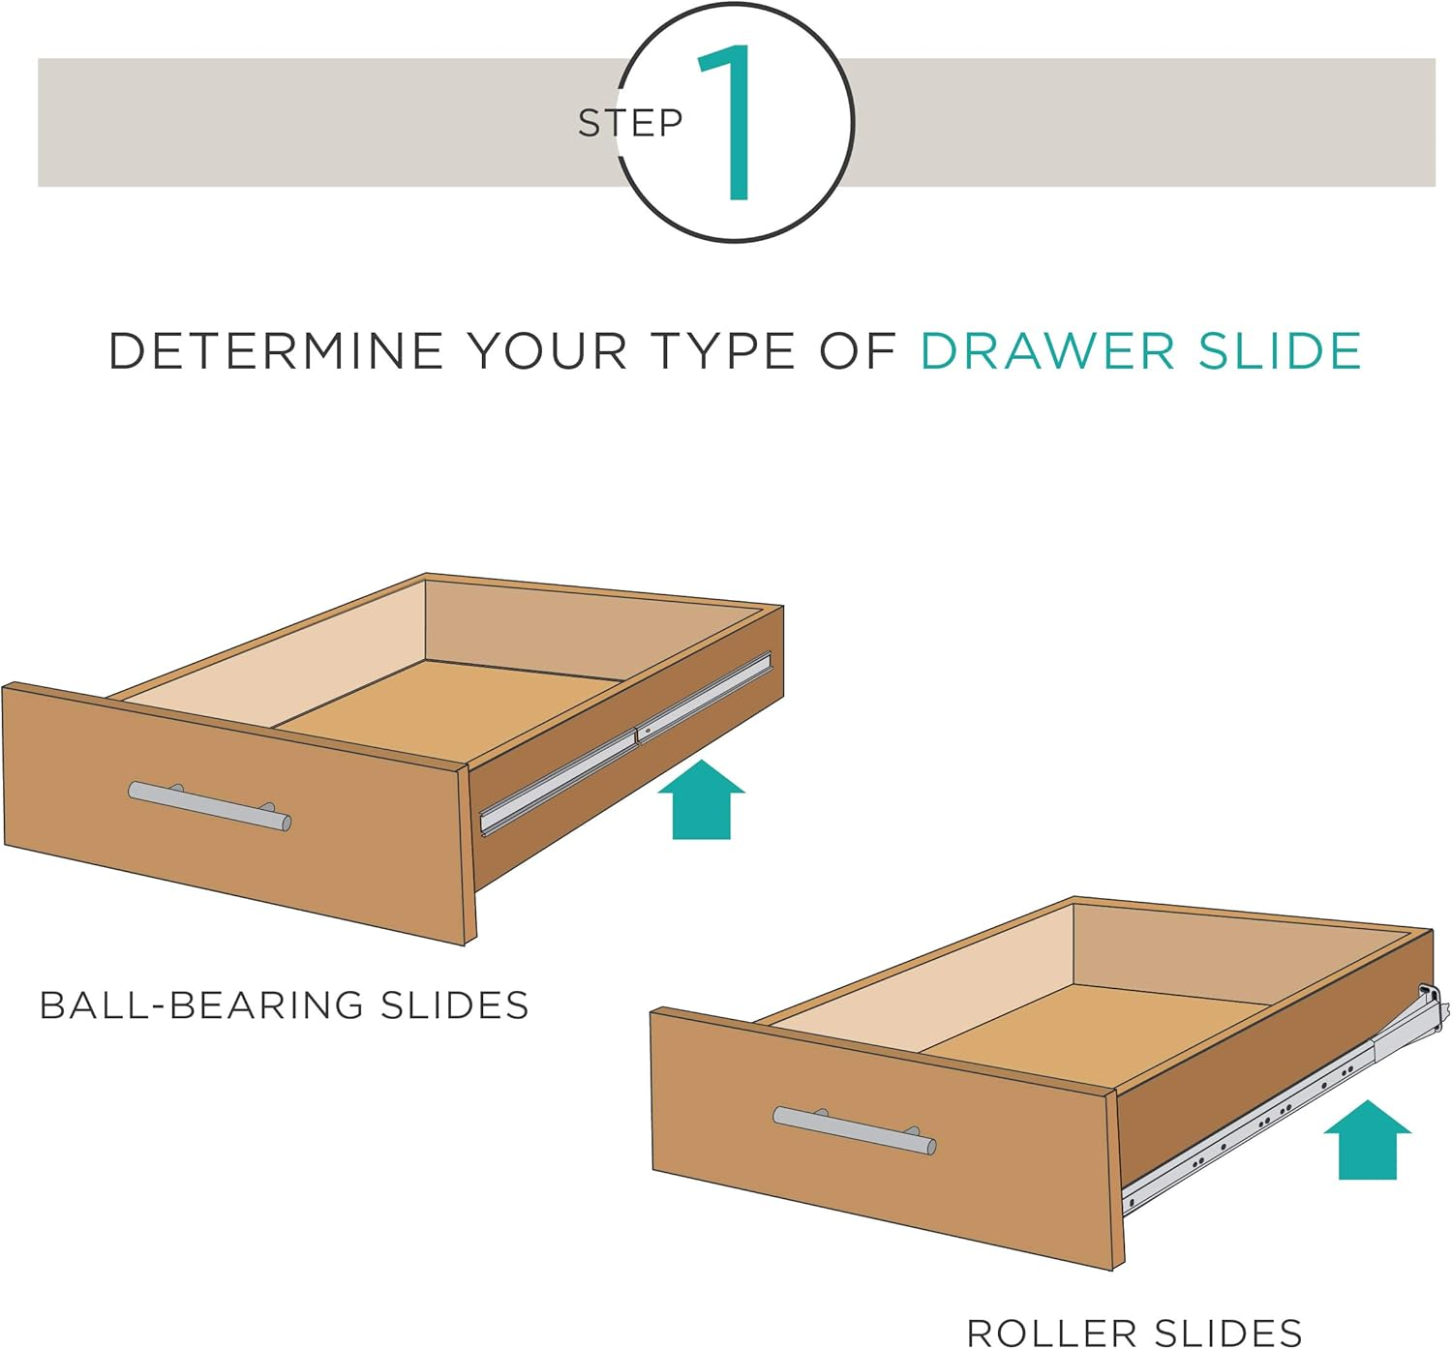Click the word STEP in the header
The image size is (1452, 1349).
click(x=630, y=123)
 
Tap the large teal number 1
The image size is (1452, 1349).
click(x=731, y=123)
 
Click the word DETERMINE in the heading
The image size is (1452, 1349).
click(x=275, y=350)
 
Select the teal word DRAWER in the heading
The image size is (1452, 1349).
click(x=1047, y=350)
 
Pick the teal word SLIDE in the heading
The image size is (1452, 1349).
click(x=1280, y=350)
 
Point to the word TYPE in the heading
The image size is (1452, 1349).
click(x=722, y=350)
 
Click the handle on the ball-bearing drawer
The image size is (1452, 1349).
click(x=209, y=806)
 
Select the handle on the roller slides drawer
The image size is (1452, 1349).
click(x=854, y=1130)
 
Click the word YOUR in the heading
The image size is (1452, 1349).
click(x=547, y=350)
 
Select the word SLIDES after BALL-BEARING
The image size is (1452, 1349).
click(x=454, y=1005)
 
